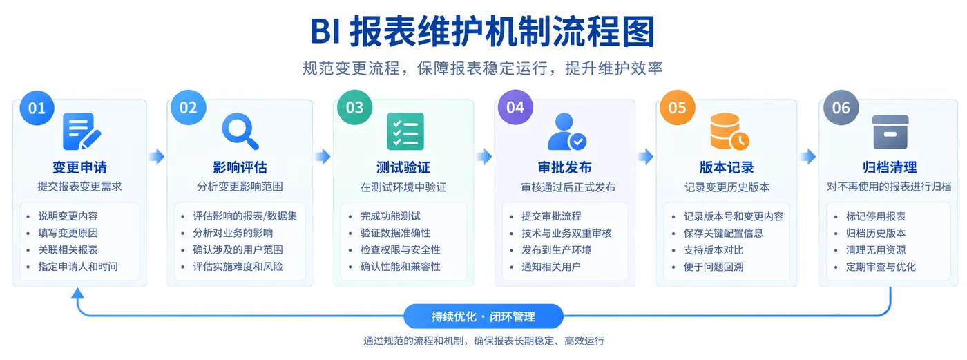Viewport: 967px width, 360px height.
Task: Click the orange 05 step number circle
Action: (x=678, y=108)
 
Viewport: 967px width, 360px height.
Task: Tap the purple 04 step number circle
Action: (x=515, y=107)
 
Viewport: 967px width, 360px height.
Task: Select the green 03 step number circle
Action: (x=354, y=107)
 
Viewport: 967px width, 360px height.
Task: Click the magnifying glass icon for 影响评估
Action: (x=240, y=131)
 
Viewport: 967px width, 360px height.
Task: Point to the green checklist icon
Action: (x=405, y=131)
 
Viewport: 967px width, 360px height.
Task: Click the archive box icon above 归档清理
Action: (x=890, y=132)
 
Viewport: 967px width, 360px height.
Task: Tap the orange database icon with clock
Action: (x=729, y=131)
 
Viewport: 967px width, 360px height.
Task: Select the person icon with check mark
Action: (x=567, y=131)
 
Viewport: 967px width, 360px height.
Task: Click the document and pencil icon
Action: (x=82, y=131)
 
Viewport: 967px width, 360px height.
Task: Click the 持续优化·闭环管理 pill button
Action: (x=483, y=316)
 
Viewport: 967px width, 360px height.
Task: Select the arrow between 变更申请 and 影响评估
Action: (x=157, y=156)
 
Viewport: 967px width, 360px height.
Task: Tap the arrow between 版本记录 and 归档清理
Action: (x=807, y=156)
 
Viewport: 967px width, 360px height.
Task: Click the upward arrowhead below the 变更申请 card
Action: (x=77, y=294)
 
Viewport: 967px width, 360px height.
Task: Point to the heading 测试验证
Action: (x=403, y=167)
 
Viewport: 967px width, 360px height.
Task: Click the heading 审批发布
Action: (x=565, y=167)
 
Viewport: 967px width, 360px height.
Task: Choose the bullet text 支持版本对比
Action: (x=713, y=250)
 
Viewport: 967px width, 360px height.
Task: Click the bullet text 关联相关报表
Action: (x=68, y=249)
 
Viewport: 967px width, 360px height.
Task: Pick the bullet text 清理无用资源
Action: (x=876, y=250)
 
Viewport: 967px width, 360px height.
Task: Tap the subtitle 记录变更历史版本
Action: (x=727, y=187)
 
